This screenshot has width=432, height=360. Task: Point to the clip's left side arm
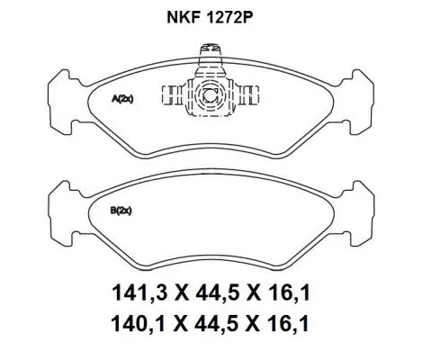(x=172, y=92)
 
